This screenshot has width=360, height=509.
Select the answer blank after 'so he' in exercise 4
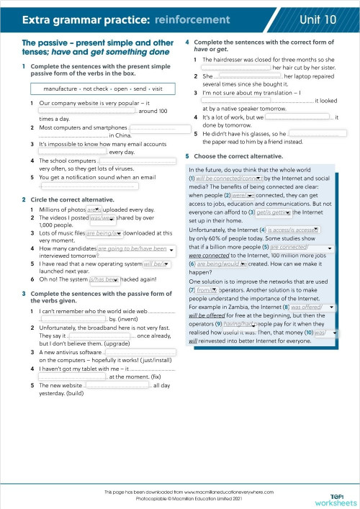313,133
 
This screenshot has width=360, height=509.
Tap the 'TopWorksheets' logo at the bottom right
339,498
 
